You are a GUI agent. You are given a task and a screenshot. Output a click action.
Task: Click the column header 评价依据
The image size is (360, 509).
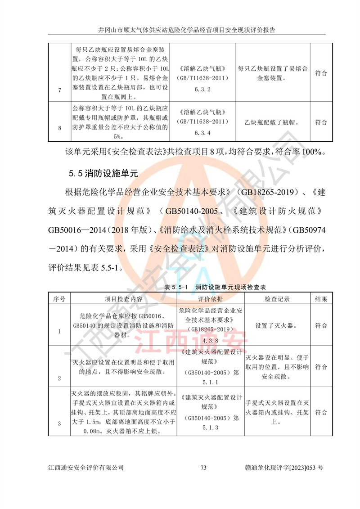coord(211,298)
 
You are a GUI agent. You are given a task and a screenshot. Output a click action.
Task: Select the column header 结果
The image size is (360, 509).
coord(321,298)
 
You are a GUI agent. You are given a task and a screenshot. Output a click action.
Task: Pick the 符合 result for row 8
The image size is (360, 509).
coord(321,122)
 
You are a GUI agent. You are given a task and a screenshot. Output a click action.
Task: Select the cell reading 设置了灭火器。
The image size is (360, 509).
coord(275,325)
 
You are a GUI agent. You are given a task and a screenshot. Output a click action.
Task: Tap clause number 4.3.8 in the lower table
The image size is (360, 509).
coord(210,341)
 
